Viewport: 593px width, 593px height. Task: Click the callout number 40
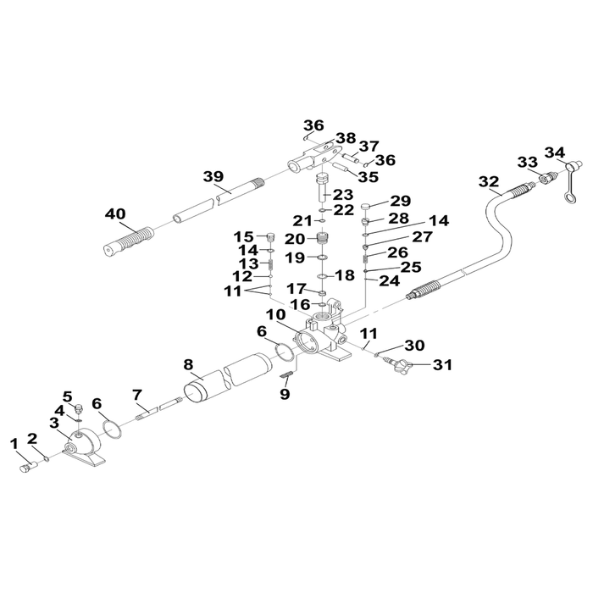(115, 214)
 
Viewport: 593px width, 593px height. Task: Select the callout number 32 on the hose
(489, 182)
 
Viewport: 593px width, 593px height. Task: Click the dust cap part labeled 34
(571, 180)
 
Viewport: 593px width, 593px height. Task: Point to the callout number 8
(188, 365)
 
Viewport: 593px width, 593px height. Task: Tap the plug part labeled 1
(28, 467)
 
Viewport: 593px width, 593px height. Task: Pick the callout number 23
(343, 195)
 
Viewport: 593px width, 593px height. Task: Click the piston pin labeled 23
(322, 187)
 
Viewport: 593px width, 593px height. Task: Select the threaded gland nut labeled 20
(322, 239)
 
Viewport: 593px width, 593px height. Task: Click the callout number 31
(442, 365)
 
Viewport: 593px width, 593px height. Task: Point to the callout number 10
(276, 314)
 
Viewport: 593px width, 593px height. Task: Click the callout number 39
(213, 176)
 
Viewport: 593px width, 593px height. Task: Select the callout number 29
(401, 201)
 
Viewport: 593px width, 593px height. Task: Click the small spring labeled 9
(287, 375)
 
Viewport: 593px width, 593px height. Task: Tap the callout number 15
(244, 237)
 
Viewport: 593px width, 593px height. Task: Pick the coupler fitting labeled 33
(547, 178)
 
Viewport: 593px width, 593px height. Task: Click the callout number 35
(368, 176)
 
